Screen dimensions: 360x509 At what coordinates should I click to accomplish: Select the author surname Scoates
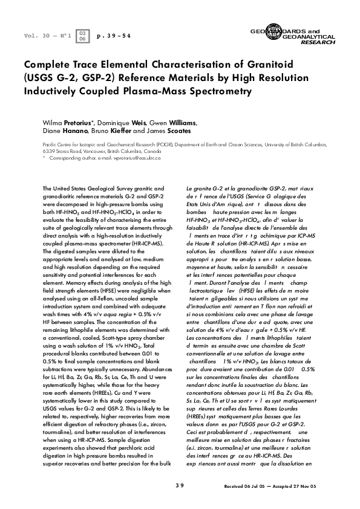pos(190,130)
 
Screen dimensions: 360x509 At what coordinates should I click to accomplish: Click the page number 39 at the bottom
pos(180,484)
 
